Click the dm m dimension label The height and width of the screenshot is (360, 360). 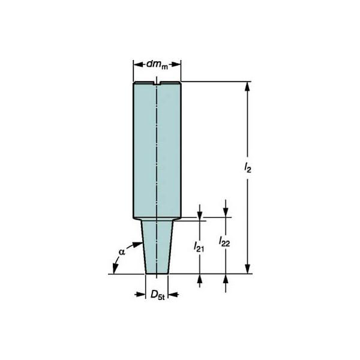tap(157, 65)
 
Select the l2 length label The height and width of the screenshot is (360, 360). tap(248, 167)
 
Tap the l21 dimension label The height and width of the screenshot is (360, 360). tap(199, 247)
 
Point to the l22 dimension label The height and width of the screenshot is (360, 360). tap(224, 242)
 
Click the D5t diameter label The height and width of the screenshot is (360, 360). tap(158, 295)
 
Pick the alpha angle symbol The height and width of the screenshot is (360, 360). tap(122, 252)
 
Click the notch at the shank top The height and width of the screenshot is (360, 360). tap(157, 83)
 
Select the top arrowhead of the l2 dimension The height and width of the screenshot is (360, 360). tap(247, 86)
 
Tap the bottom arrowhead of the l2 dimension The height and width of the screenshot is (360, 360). tap(247, 269)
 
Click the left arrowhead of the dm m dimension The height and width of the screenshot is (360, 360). tap(138, 65)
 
